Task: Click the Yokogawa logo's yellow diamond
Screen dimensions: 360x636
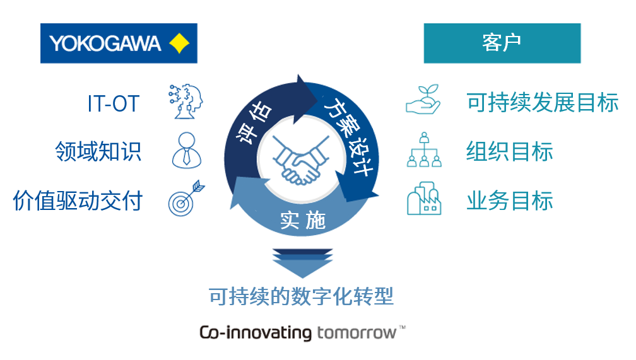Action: (x=179, y=43)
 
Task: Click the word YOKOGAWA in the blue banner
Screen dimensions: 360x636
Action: (x=105, y=44)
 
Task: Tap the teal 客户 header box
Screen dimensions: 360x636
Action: (x=502, y=43)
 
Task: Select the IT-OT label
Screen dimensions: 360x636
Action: (x=113, y=103)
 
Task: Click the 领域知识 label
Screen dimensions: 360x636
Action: (x=98, y=151)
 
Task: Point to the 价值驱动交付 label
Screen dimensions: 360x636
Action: (x=78, y=200)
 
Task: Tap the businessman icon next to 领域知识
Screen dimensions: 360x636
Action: (x=186, y=150)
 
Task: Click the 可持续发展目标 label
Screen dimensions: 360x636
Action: (x=543, y=102)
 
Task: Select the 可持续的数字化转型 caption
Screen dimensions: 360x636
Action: (x=302, y=296)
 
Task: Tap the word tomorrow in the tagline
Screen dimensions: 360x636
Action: (x=357, y=332)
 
